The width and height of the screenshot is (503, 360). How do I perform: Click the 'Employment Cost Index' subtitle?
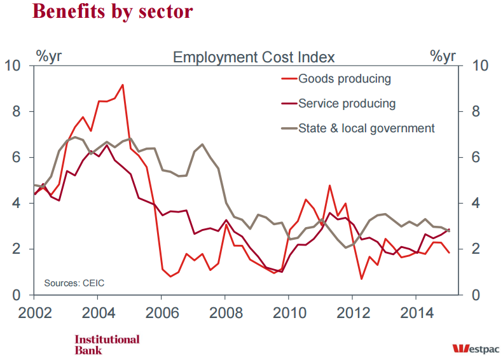pos(254,57)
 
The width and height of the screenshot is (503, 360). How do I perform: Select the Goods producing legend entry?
pos(344,79)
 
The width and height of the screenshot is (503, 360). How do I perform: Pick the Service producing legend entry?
pos(347,104)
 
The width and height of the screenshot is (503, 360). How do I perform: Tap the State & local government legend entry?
pos(366,128)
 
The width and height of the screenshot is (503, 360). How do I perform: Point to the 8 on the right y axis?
pos(475,112)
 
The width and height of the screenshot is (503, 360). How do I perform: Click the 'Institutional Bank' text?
pos(107,344)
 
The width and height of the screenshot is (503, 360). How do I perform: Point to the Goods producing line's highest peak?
pos(122,85)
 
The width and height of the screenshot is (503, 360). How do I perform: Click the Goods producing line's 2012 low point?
pos(361,279)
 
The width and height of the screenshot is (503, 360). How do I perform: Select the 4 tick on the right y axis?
pos(475,204)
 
